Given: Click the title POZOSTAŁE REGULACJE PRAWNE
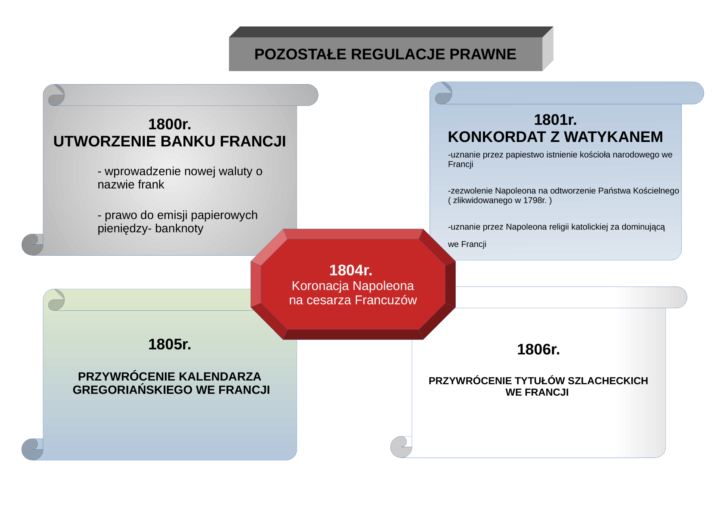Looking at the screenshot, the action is pos(385,54).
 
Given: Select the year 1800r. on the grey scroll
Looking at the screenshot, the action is pos(170,124).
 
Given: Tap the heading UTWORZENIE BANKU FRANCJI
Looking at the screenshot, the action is pos(170,142).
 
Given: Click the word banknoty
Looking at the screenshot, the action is pos(179,228).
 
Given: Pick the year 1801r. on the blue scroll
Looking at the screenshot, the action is pos(555,120).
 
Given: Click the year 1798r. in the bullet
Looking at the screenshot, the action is pos(534,200).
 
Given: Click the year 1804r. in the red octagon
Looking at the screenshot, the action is pos(351,271).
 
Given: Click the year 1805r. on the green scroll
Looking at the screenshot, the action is pos(170,345).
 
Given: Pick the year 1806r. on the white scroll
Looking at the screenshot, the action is pos(538,350).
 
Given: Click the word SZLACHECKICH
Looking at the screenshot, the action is pos(608,381).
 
